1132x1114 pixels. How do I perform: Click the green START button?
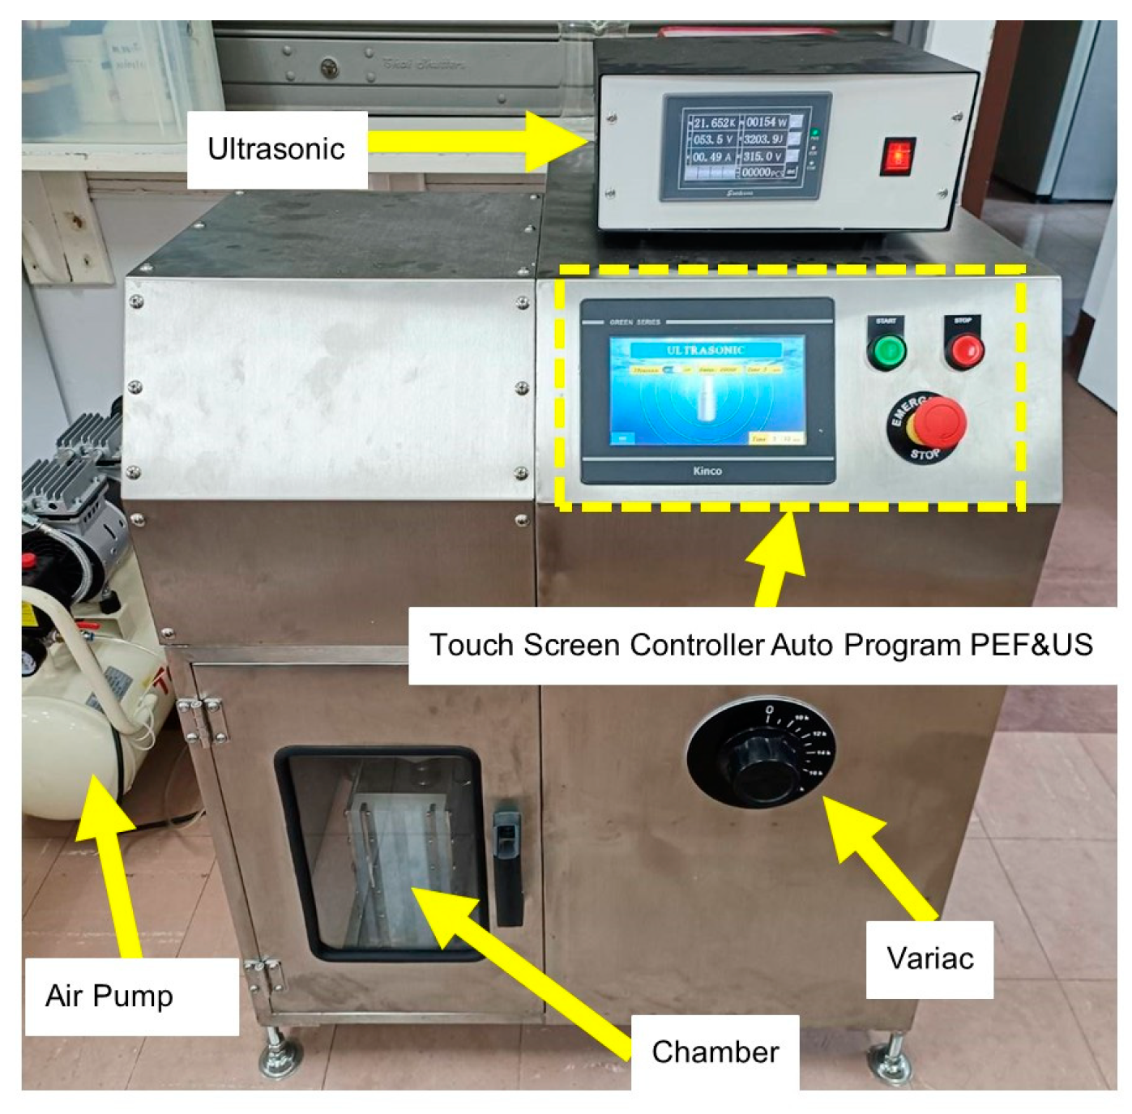pos(886,352)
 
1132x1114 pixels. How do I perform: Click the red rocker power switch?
pos(897,155)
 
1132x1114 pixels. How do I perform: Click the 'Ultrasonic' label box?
pos(276,150)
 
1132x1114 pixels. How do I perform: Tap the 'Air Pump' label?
pos(110,996)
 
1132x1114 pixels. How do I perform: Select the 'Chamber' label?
pos(715,1052)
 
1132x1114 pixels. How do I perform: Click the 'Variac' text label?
pos(929,958)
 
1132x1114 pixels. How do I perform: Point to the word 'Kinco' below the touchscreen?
pos(707,471)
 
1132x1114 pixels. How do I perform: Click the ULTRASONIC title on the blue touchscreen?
pos(705,350)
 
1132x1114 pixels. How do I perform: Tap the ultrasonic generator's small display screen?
pos(743,147)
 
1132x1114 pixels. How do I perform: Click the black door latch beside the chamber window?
pos(507,863)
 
